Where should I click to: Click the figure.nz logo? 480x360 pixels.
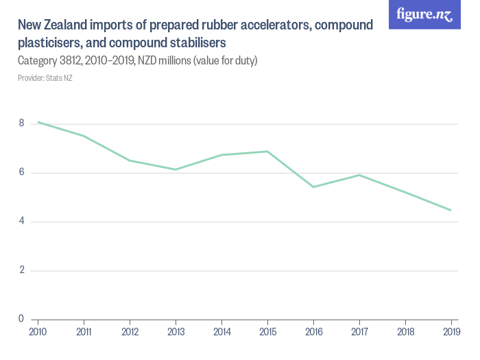click(424, 14)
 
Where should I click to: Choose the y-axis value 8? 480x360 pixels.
click(22, 123)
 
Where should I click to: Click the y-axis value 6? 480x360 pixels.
click(22, 172)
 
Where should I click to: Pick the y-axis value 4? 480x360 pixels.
click(22, 221)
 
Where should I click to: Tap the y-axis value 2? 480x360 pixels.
click(22, 270)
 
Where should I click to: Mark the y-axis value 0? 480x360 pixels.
click(22, 319)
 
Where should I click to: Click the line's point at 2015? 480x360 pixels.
click(267, 152)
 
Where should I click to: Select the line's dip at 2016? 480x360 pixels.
click(313, 187)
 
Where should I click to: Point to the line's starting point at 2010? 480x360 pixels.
click(38, 122)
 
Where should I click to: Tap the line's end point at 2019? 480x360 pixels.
click(451, 210)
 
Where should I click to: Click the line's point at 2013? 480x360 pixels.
click(176, 169)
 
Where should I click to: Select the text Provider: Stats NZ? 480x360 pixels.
click(45, 78)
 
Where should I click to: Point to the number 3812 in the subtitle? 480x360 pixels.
click(73, 61)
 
